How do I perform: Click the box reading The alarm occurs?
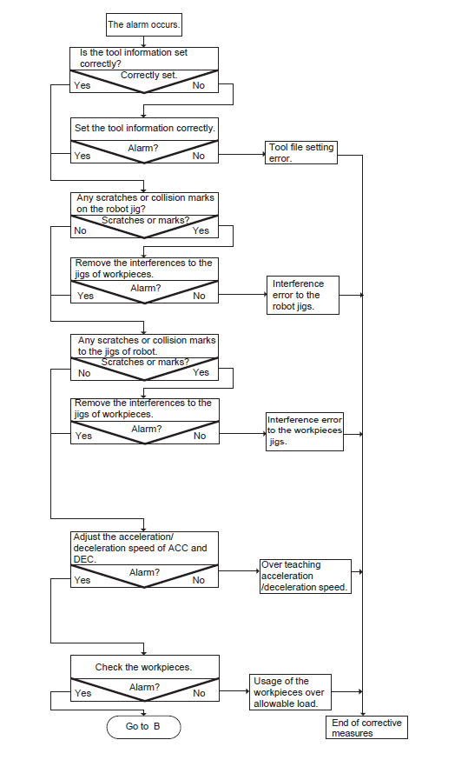[144, 24]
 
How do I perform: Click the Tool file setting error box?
[301, 152]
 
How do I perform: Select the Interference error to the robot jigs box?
[303, 295]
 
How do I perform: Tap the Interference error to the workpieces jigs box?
[305, 431]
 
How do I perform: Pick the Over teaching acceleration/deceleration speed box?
[306, 577]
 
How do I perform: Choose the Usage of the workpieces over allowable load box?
[290, 692]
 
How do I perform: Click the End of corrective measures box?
[367, 728]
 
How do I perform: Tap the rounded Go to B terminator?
[144, 727]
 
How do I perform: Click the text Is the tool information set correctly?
[134, 58]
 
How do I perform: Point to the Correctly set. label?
[149, 75]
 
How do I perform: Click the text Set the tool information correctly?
[145, 128]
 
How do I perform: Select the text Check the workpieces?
[144, 668]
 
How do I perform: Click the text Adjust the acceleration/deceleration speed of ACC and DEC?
[141, 548]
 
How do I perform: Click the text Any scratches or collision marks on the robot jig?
[145, 203]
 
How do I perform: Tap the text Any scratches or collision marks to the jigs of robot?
[147, 346]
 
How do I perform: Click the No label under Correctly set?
[199, 86]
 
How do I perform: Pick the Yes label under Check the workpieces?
[83, 694]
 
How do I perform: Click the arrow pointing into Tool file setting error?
[241, 155]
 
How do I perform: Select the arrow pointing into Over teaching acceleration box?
[239, 571]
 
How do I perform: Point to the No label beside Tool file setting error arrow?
[199, 156]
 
